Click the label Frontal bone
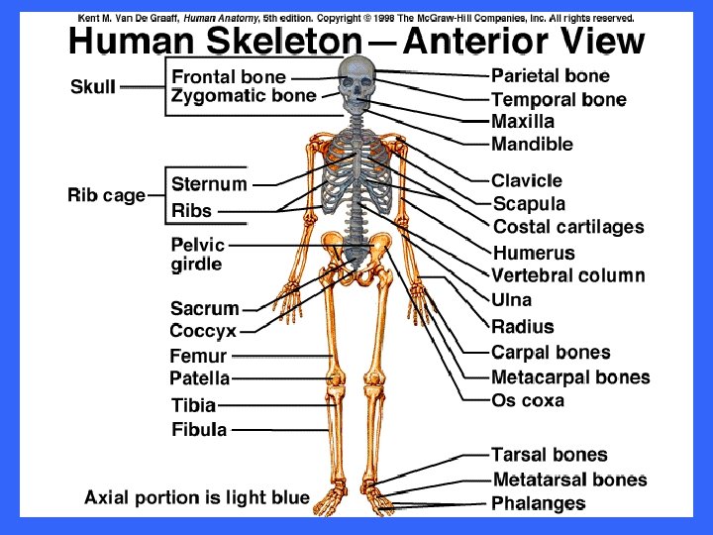(x=229, y=76)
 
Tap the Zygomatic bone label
(x=244, y=96)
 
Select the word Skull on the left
(x=93, y=87)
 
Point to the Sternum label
(x=209, y=184)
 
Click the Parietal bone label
(x=551, y=75)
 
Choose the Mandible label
(x=532, y=145)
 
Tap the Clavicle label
(x=527, y=181)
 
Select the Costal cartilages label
(x=568, y=227)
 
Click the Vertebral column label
(x=568, y=276)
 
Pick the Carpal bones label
(x=551, y=352)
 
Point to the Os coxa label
(x=528, y=400)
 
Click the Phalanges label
(x=538, y=504)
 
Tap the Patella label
(x=199, y=378)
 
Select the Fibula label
(x=199, y=430)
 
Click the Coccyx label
(x=203, y=332)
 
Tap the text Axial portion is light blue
(x=197, y=497)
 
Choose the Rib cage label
(x=106, y=195)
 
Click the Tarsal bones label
(x=550, y=455)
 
